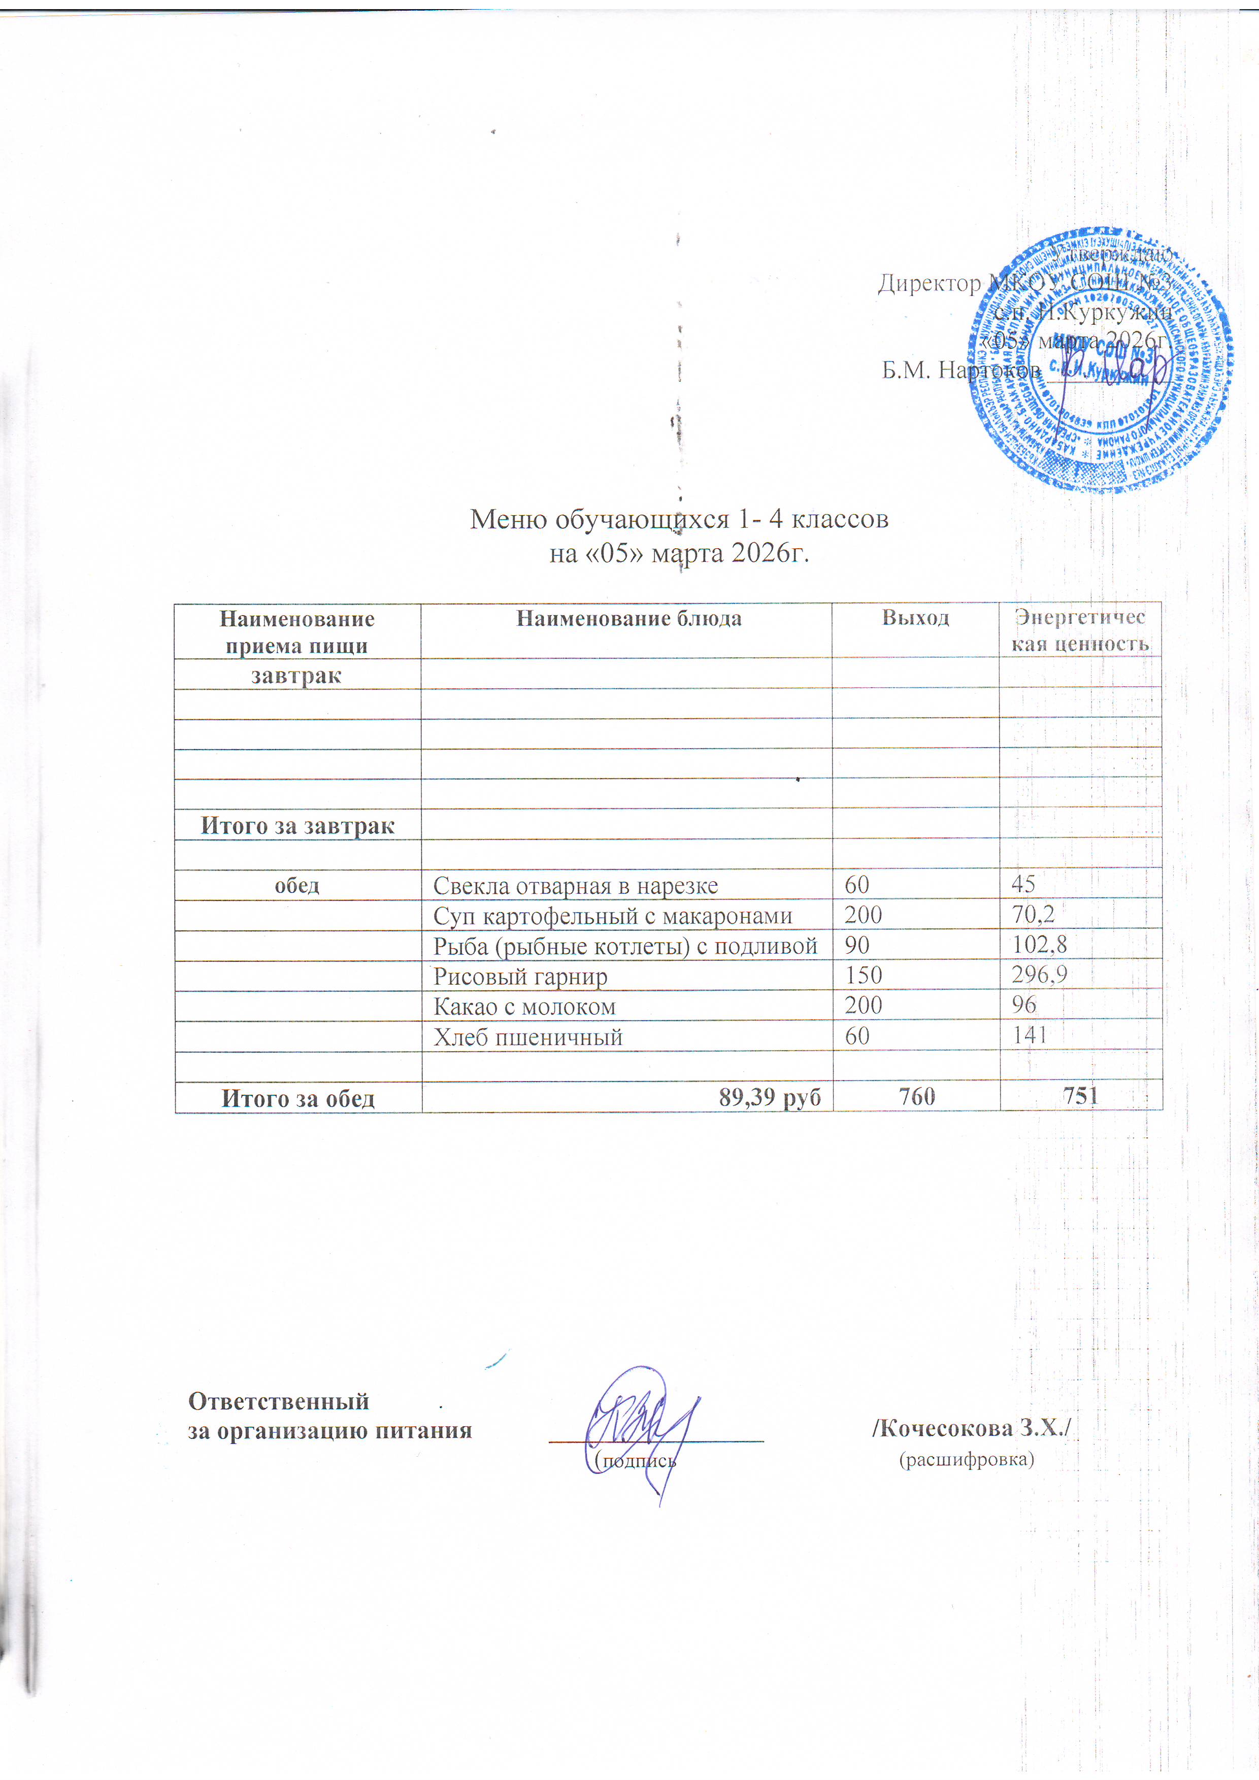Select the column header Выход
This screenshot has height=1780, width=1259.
[x=915, y=618]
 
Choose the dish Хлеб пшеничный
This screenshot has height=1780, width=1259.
[x=528, y=1036]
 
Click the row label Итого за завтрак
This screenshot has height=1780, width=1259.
[x=297, y=826]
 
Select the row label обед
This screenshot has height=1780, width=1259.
[x=297, y=885]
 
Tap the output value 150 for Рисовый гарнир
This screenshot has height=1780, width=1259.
[x=864, y=976]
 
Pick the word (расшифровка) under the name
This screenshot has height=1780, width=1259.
[x=967, y=1460]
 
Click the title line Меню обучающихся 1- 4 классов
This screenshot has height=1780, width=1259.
[x=679, y=519]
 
